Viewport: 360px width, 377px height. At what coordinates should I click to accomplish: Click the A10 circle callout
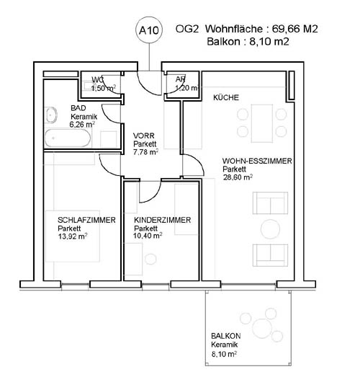point(149,30)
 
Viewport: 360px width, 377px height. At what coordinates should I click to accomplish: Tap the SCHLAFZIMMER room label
point(86,220)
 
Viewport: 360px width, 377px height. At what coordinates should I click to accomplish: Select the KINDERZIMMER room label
point(162,220)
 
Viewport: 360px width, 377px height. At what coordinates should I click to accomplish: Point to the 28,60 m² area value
point(238,177)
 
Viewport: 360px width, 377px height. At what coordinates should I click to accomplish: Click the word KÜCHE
point(226,97)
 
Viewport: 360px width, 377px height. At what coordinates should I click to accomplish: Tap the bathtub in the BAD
point(68,138)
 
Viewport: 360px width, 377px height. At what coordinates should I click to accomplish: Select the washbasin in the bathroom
point(51,115)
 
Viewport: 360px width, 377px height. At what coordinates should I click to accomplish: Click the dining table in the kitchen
point(262,123)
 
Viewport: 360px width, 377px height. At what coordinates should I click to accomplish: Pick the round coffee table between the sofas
point(270,229)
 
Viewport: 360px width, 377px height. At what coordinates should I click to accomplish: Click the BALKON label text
point(226,336)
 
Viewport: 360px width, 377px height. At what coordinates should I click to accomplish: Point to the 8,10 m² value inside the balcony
point(224,354)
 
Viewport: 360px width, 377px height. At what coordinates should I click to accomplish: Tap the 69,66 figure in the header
point(286,29)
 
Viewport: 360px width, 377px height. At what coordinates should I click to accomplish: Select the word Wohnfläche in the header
point(234,29)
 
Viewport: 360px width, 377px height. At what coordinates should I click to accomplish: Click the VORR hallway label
point(143,136)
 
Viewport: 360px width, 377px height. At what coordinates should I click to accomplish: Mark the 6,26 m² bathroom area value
point(81,125)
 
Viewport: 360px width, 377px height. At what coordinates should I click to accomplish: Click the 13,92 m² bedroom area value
point(73,236)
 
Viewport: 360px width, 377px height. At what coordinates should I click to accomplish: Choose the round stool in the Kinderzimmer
point(150,259)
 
